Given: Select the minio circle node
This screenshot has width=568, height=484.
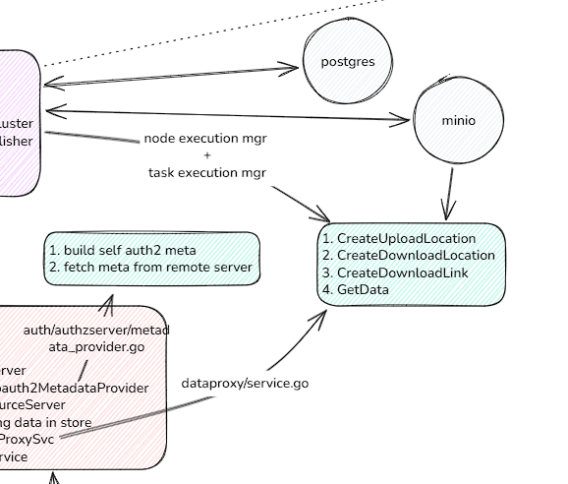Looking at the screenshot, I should (x=458, y=121).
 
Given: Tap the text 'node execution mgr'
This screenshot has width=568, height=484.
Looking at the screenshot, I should (x=205, y=139).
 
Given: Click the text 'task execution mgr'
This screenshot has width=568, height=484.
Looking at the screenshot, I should (x=206, y=172).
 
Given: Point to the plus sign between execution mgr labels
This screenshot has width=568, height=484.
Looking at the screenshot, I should (x=206, y=155).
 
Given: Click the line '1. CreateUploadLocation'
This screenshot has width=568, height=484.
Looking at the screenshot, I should (x=399, y=238).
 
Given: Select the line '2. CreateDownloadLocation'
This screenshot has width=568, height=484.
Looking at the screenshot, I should (x=408, y=256).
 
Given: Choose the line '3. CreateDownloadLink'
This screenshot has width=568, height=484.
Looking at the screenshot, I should (x=395, y=272).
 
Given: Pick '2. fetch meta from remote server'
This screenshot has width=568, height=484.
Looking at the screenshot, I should (x=150, y=267).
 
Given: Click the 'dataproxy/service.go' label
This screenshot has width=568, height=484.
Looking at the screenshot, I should (x=245, y=382).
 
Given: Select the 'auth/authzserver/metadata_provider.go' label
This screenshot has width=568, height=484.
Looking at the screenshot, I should (x=96, y=338).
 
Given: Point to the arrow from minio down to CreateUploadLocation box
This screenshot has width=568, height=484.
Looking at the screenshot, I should (x=450, y=193).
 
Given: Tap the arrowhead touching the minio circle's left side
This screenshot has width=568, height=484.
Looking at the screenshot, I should (x=403, y=121).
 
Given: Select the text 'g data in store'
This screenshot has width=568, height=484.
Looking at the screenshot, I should (x=46, y=422).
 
